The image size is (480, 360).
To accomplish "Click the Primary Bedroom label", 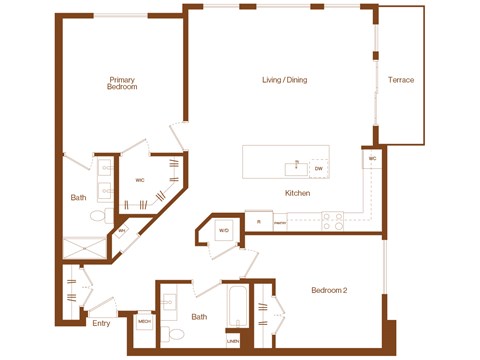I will pyautogui.click(x=123, y=83).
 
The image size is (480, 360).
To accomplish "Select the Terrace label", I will pyautogui.click(x=401, y=80).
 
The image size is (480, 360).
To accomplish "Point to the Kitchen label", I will pyautogui.click(x=297, y=193).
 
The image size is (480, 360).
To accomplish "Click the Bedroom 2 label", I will pyautogui.click(x=328, y=290).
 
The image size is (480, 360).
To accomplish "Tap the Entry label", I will pyautogui.click(x=101, y=323).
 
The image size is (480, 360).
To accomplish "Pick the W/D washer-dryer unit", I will pyautogui.click(x=224, y=230).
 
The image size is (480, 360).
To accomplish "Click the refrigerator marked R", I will pyautogui.click(x=259, y=221).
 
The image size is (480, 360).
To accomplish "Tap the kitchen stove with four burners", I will pyautogui.click(x=332, y=219).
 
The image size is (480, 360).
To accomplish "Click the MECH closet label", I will pyautogui.click(x=144, y=321).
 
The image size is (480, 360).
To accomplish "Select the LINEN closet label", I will pyautogui.click(x=233, y=341).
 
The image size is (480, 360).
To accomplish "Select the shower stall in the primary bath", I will pyautogui.click(x=85, y=248).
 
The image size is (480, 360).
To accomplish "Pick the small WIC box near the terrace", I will pyautogui.click(x=372, y=159).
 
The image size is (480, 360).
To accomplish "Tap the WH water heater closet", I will pyautogui.click(x=121, y=231).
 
